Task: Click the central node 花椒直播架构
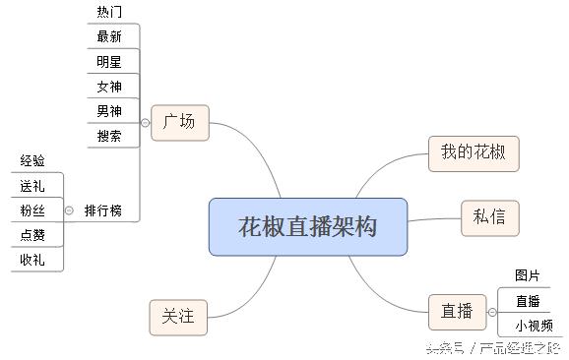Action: (x=307, y=226)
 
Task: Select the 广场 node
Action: (x=179, y=122)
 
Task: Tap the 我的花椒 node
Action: (x=473, y=152)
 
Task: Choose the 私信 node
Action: (x=489, y=216)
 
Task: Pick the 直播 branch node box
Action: (x=456, y=312)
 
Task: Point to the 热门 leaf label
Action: (x=110, y=12)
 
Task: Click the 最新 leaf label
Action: (x=110, y=36)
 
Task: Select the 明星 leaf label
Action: (x=110, y=61)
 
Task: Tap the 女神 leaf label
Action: (x=110, y=86)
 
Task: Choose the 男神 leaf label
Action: (x=110, y=110)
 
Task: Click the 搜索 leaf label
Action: (x=110, y=136)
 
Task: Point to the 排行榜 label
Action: (x=104, y=210)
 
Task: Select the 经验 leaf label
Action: (x=32, y=160)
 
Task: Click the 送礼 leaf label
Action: (x=32, y=185)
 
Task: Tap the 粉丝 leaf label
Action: (x=32, y=210)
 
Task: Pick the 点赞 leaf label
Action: (x=32, y=235)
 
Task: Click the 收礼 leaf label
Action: (x=32, y=260)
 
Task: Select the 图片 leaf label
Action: (x=528, y=274)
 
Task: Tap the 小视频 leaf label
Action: (x=533, y=326)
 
